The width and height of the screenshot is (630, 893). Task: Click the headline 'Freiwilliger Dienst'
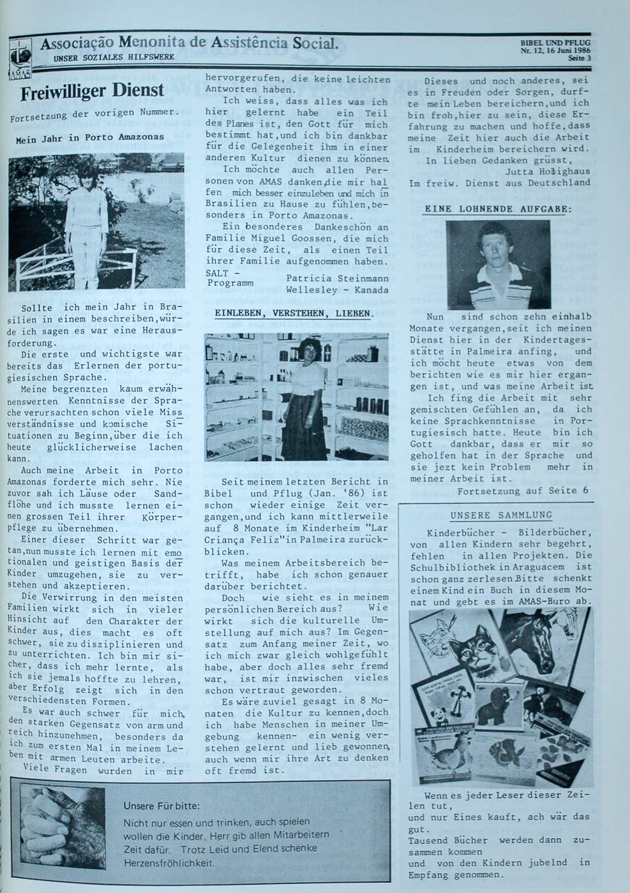93,91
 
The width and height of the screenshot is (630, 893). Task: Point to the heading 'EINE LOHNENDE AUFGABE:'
499,209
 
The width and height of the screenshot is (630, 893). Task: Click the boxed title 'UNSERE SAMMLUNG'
501,515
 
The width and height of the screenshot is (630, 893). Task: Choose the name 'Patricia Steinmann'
337,278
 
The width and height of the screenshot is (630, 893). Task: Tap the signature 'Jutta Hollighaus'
547,171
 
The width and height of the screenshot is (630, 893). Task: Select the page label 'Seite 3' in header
580,58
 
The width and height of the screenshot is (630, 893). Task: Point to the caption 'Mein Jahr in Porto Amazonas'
89,137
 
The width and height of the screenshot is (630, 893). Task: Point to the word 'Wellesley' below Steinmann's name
312,290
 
